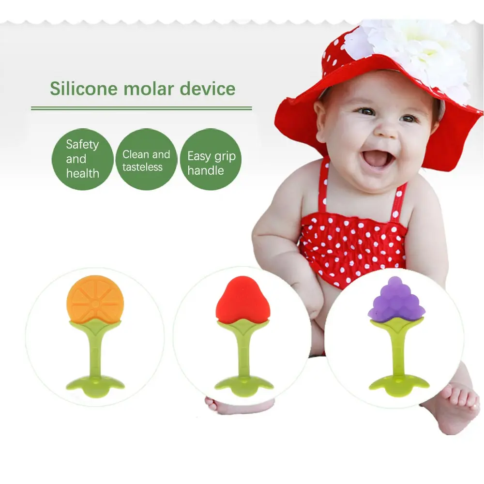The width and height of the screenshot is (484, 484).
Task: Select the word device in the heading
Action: (x=208, y=89)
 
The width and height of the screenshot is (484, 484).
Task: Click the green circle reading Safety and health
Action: (x=82, y=159)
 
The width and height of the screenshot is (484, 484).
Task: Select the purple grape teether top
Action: (x=396, y=301)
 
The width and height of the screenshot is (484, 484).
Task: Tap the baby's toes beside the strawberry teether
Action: (x=211, y=402)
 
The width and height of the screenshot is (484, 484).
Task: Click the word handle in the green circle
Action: (x=206, y=170)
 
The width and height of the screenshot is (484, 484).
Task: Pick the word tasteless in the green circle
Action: (x=142, y=167)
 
